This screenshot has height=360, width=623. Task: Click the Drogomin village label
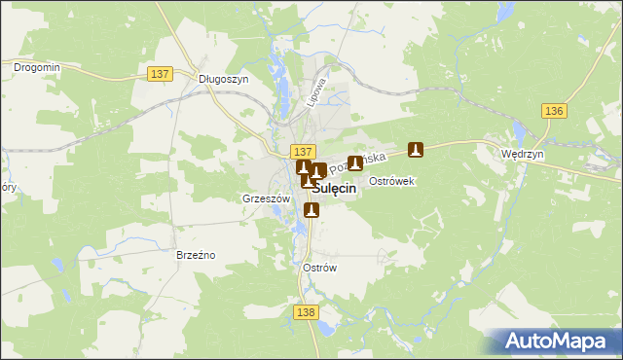[37, 67]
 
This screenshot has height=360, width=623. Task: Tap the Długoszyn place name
[224, 80]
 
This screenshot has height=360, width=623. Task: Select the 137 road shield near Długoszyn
[161, 73]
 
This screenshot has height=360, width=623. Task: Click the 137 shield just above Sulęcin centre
[303, 152]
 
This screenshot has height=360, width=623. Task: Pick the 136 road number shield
[555, 112]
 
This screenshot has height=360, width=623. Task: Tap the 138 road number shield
[305, 310]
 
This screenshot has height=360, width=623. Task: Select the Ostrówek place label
[393, 182]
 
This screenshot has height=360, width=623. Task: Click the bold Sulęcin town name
[332, 191]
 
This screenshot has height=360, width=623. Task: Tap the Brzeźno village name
[196, 255]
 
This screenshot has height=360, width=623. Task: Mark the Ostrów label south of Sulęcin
[319, 268]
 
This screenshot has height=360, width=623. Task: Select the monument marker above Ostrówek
[416, 150]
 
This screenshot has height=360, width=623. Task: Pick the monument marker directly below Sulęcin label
[311, 209]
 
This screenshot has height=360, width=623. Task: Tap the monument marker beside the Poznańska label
[356, 162]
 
